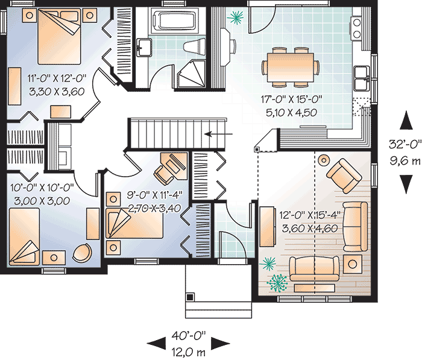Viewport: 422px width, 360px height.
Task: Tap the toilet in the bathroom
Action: click(195, 46)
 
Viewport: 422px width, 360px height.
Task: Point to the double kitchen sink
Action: click(362, 76)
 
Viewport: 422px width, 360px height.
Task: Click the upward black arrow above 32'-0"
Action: click(407, 122)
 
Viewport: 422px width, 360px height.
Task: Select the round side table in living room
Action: click(324, 160)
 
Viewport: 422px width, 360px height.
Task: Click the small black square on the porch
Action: click(191, 297)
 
